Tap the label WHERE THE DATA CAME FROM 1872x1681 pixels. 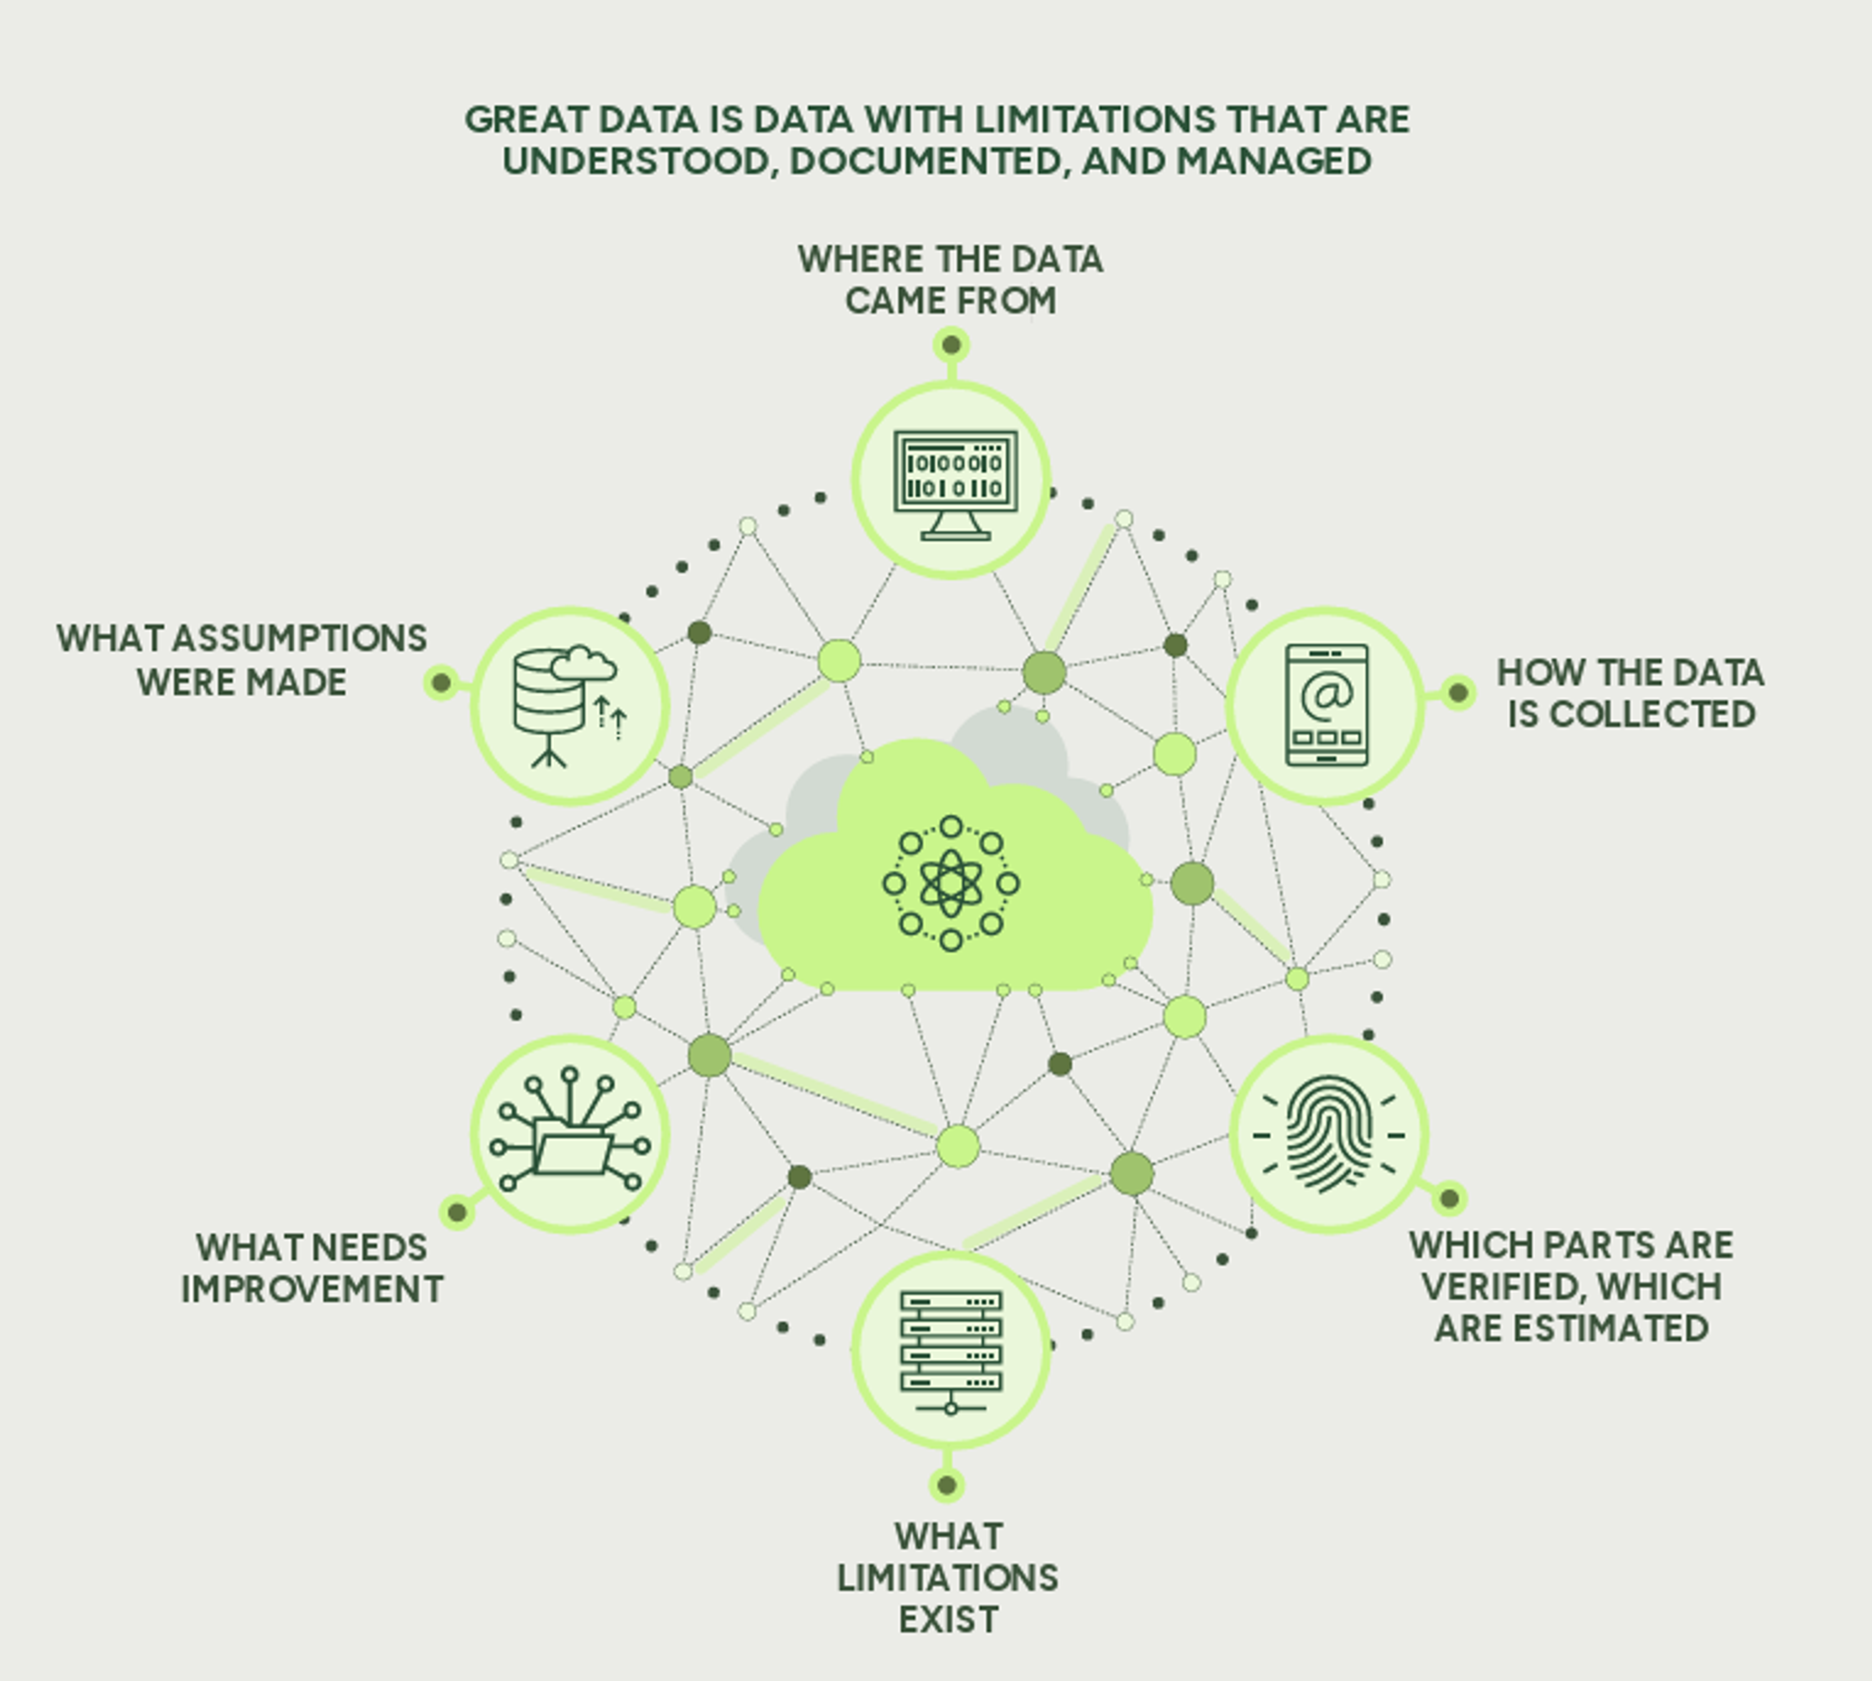[x=950, y=280]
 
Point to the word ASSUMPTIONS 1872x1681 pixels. [x=300, y=638]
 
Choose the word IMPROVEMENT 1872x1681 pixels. [x=312, y=1289]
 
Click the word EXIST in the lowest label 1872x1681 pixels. [x=949, y=1620]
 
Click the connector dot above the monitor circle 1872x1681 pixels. [x=951, y=346]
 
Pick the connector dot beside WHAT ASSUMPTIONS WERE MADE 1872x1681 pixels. [x=441, y=683]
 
